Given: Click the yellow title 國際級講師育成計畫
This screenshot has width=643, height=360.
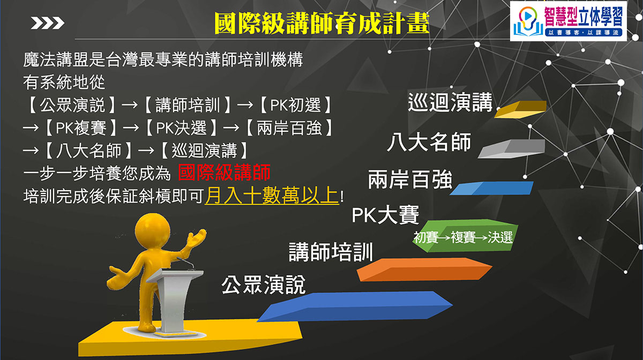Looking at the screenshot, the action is [322, 23].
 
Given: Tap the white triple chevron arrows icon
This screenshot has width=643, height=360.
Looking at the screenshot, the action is [47, 23].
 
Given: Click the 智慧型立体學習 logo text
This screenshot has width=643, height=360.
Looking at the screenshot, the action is [584, 16].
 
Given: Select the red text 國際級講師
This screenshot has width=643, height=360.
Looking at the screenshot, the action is [224, 172].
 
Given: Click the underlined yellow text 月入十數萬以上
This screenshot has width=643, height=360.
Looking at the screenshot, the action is [272, 196].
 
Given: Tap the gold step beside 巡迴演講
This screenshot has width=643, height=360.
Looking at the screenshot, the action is [520, 109].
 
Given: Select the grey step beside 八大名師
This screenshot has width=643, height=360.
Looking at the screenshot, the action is [512, 149].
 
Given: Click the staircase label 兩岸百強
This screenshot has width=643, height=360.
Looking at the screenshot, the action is [410, 179].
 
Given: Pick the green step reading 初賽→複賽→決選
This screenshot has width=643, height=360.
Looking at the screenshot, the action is [465, 236].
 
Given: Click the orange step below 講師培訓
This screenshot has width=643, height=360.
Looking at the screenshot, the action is [424, 269].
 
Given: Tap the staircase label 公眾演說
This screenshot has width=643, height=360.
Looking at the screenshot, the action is [263, 284].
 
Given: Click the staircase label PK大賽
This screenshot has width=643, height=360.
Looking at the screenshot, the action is [385, 215].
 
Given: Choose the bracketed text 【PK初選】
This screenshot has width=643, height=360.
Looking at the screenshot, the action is [296, 105].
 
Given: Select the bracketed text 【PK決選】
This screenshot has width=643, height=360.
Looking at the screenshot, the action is [182, 127].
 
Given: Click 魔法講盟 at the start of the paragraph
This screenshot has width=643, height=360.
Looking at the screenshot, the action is [56, 59].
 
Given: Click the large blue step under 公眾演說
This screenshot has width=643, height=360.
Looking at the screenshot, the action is [355, 306].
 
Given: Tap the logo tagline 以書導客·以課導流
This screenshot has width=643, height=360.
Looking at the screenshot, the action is [584, 33].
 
